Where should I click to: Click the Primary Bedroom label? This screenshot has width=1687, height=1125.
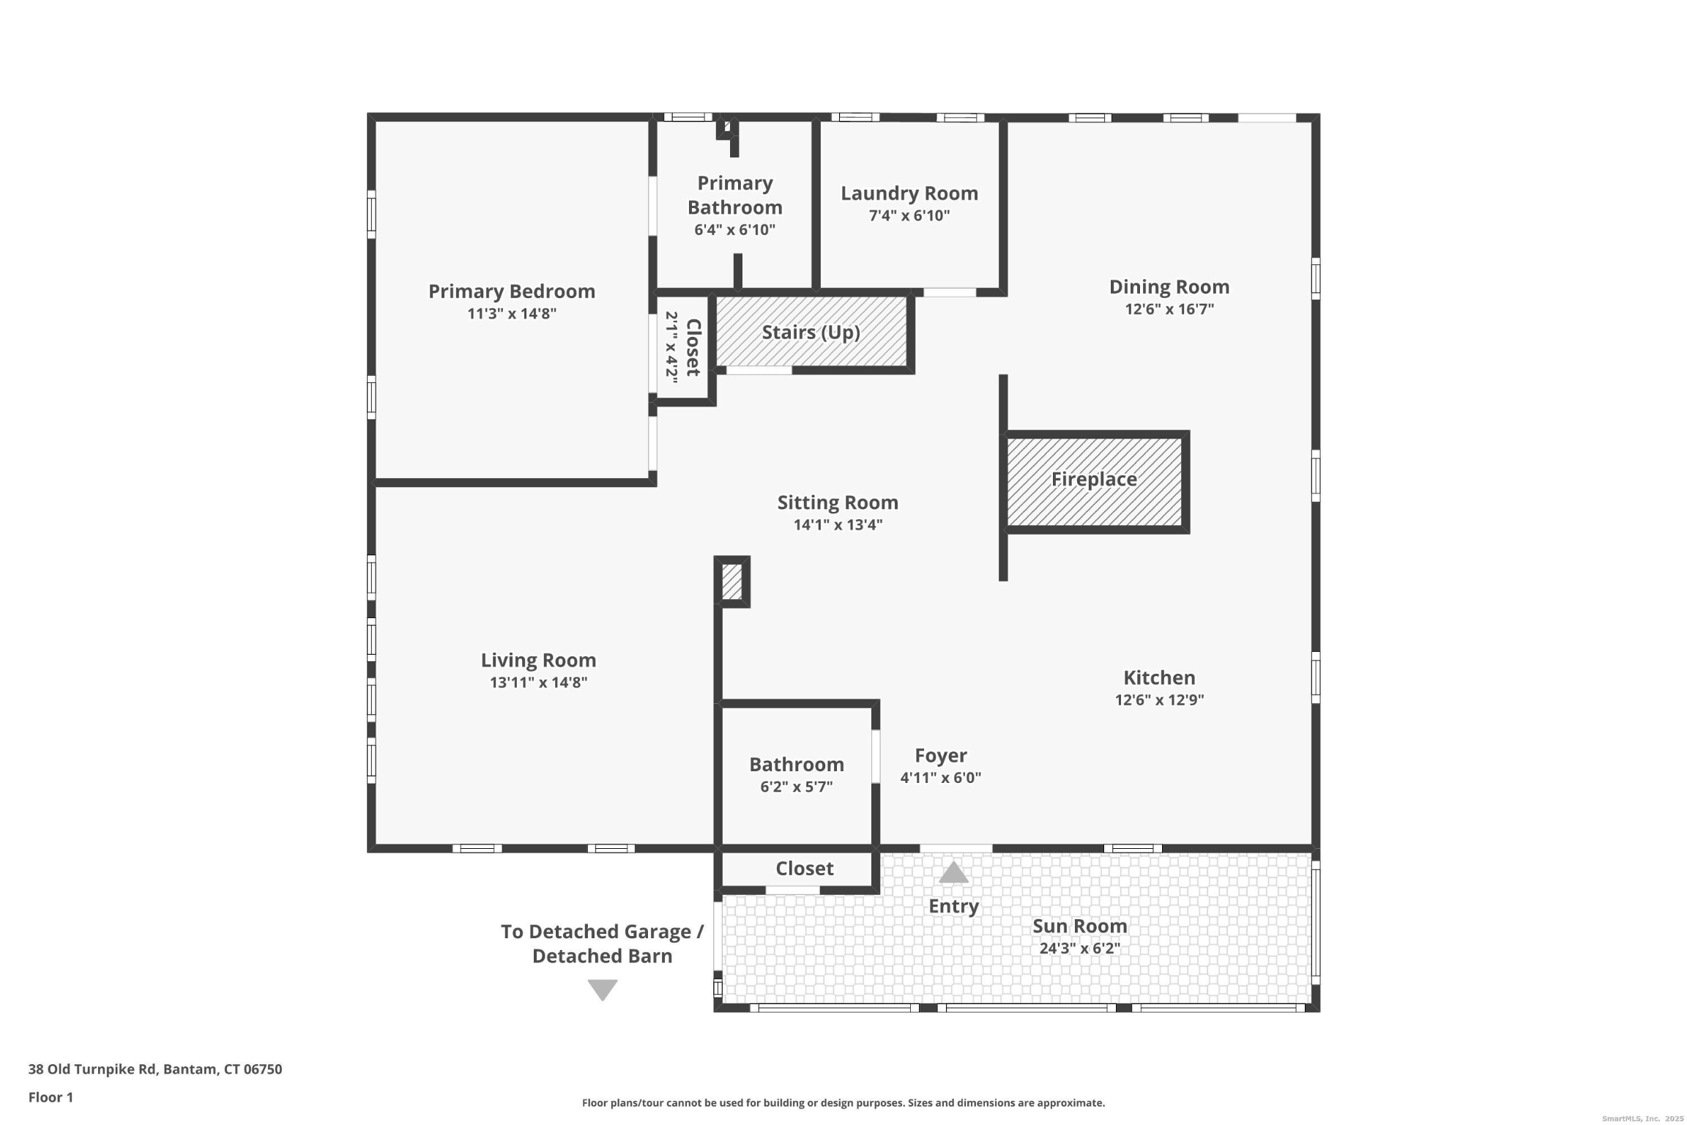[x=511, y=292]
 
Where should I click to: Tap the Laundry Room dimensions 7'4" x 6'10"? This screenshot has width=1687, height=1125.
[x=909, y=215]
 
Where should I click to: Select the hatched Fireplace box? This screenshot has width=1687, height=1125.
[x=1094, y=481]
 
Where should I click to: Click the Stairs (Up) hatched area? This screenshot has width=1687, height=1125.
[x=811, y=333]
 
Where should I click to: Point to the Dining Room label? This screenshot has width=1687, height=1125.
[x=1169, y=287]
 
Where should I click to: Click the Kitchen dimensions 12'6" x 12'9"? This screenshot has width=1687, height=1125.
[x=1158, y=699]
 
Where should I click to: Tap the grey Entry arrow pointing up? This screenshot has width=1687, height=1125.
[x=953, y=872]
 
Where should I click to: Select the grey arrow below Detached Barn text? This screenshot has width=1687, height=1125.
[x=602, y=990]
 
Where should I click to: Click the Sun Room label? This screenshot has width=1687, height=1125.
[x=1079, y=926]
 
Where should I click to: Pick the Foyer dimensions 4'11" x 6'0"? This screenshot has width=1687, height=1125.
[x=940, y=778]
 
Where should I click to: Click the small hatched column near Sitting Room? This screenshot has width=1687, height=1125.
[x=731, y=582]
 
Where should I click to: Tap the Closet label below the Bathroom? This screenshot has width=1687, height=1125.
[x=804, y=869]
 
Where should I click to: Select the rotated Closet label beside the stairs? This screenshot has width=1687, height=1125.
[x=693, y=347]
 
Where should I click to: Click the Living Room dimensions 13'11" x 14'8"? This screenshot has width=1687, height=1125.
[x=538, y=683]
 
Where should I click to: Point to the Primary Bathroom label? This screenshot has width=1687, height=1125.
[x=734, y=195]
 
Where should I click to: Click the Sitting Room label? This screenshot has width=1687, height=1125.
[x=837, y=502]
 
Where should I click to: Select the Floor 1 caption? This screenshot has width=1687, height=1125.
[x=51, y=1097]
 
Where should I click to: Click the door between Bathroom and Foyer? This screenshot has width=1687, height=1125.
[x=875, y=757]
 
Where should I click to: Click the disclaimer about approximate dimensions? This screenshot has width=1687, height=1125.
[x=843, y=1103]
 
